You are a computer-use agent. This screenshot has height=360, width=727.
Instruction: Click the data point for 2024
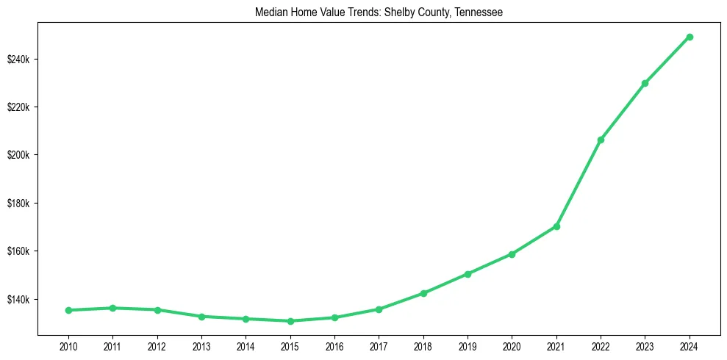[x=690, y=37]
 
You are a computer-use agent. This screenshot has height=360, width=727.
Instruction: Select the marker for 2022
[x=601, y=140]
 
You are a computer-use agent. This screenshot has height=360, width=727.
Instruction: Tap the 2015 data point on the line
[x=290, y=321]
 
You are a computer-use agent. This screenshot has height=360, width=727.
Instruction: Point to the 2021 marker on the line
[x=556, y=226]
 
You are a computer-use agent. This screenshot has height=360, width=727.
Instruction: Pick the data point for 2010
[x=68, y=310]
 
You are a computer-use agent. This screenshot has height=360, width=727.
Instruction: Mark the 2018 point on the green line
[x=423, y=293]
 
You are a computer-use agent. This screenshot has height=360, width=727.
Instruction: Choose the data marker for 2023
[x=645, y=83]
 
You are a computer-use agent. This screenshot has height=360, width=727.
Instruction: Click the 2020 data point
[x=512, y=254]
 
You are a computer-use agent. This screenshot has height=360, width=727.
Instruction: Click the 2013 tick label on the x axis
[x=201, y=345]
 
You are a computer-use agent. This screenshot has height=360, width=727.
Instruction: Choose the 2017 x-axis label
[x=379, y=345]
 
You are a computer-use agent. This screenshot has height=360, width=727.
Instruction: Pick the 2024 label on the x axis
[x=690, y=345]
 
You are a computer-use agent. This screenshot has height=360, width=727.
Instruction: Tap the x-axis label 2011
[x=112, y=345]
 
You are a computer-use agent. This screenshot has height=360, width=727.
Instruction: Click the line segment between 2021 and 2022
[x=579, y=183]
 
